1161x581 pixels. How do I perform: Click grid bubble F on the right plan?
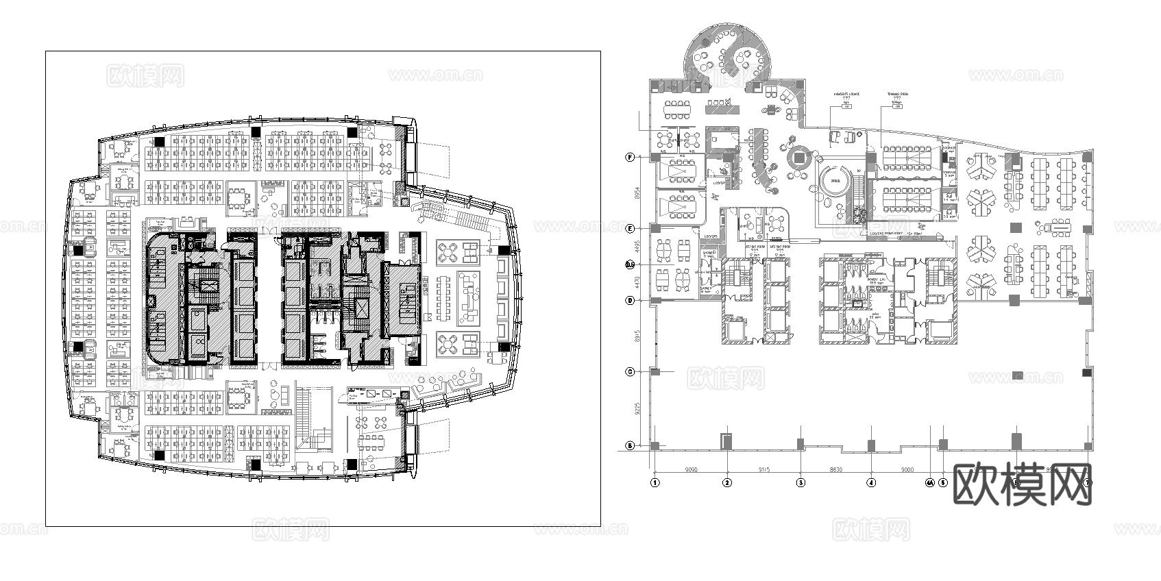pyautogui.click(x=629, y=157)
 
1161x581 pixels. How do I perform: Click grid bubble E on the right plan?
pyautogui.click(x=629, y=228)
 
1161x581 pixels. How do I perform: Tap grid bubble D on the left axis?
pyautogui.click(x=629, y=301)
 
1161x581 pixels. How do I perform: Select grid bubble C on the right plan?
pyautogui.click(x=629, y=372)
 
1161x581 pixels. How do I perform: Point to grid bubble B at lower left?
pyautogui.click(x=629, y=446)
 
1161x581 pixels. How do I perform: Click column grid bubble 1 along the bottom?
pyautogui.click(x=655, y=482)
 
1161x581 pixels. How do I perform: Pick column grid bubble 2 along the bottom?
pyautogui.click(x=727, y=482)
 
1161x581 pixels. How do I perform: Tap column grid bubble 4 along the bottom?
pyautogui.click(x=871, y=482)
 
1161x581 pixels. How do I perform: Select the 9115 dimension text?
pyautogui.click(x=764, y=470)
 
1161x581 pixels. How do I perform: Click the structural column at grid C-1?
pyautogui.click(x=655, y=372)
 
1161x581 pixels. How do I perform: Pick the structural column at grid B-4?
pyautogui.click(x=871, y=445)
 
